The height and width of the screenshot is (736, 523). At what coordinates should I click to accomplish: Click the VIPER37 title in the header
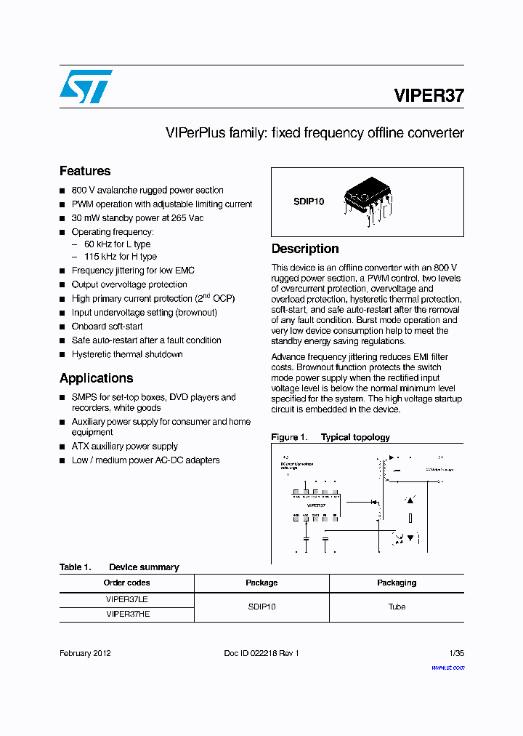point(429,95)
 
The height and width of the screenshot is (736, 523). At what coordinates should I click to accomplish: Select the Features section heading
point(85,171)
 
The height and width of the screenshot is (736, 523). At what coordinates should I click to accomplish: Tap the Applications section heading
point(96,378)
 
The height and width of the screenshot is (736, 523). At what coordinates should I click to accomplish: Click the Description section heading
point(305,249)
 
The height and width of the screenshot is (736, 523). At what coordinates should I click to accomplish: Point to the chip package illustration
point(368,199)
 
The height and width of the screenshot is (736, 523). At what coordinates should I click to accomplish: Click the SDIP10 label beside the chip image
point(309,201)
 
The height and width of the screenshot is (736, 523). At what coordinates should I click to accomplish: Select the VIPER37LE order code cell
point(127,599)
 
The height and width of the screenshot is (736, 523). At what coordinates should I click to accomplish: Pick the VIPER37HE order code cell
point(127,614)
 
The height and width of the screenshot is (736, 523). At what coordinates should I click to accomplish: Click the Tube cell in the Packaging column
point(397,607)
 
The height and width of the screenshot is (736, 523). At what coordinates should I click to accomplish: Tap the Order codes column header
point(127,583)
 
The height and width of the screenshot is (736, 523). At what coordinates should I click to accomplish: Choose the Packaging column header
point(397,583)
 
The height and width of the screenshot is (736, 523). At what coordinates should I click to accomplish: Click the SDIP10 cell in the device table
point(261,607)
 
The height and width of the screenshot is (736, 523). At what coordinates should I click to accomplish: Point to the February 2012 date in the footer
point(85,653)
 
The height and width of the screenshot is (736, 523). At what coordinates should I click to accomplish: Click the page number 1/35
point(457,653)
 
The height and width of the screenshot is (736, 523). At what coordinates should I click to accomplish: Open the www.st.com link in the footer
point(447,667)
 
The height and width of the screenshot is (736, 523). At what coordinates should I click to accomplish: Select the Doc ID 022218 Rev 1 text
point(261,653)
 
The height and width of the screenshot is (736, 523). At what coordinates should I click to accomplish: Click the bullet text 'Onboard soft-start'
point(107,327)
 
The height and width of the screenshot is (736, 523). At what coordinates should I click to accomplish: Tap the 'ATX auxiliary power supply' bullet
point(124,447)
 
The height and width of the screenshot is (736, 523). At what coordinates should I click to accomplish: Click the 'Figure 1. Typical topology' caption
point(331,437)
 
